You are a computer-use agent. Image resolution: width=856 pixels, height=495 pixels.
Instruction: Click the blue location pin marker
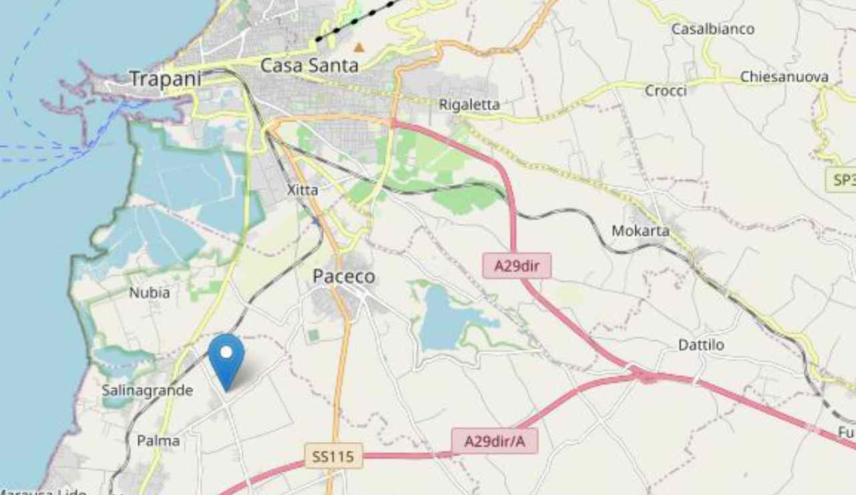pyautogui.click(x=227, y=358)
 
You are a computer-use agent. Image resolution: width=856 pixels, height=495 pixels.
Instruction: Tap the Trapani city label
pyautogui.click(x=165, y=78)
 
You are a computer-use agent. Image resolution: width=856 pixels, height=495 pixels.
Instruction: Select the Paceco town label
pyautogui.click(x=344, y=277)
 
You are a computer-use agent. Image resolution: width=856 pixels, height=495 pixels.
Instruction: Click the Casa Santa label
pyautogui.click(x=309, y=66)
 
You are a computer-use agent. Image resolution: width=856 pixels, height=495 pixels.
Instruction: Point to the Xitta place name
pyautogui.click(x=302, y=191)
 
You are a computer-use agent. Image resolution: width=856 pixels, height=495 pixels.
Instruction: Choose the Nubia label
pyautogui.click(x=149, y=293)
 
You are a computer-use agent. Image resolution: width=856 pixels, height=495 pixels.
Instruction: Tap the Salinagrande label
pyautogui.click(x=147, y=390)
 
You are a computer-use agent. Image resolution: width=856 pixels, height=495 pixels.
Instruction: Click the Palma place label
pyautogui.click(x=158, y=441)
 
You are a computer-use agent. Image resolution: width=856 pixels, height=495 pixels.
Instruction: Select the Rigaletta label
pyautogui.click(x=469, y=104)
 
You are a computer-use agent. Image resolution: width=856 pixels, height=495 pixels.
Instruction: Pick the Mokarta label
pyautogui.click(x=640, y=231)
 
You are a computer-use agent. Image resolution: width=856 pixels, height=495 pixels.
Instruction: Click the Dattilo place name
pyautogui.click(x=701, y=345)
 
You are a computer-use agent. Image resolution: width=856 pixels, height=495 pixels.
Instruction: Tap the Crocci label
pyautogui.click(x=665, y=90)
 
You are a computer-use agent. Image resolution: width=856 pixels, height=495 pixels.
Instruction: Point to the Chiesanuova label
pyautogui.click(x=784, y=77)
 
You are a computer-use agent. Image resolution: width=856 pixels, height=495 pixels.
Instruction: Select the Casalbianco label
pyautogui.click(x=713, y=29)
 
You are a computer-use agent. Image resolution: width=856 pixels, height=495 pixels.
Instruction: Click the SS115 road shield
pyautogui.click(x=334, y=457)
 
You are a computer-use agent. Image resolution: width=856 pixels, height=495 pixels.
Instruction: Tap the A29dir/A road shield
pyautogui.click(x=494, y=441)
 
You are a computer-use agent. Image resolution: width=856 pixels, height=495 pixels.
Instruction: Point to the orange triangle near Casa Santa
pyautogui.click(x=359, y=47)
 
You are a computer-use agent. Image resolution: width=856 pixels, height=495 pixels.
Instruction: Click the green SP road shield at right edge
pyautogui.click(x=842, y=180)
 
